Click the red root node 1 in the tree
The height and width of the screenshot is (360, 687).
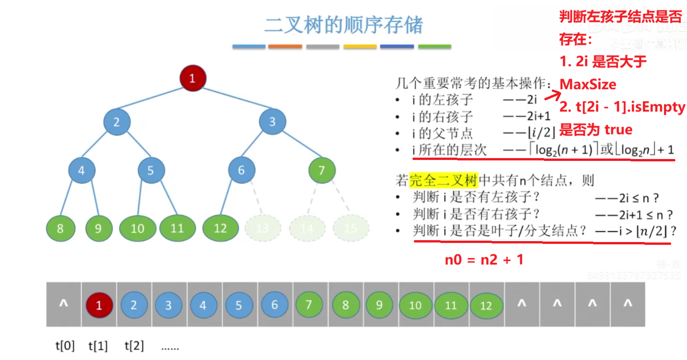click(x=192, y=78)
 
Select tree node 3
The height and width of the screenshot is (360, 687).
click(x=272, y=122)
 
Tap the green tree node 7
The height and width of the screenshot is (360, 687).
click(x=322, y=170)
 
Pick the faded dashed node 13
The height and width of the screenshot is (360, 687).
click(x=263, y=228)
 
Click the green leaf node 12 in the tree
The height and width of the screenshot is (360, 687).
click(x=220, y=228)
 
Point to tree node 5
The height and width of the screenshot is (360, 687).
click(x=151, y=170)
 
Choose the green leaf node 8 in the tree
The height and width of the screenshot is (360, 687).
click(x=60, y=228)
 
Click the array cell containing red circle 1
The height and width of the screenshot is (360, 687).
click(x=99, y=305)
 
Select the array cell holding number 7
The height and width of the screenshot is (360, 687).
click(x=309, y=305)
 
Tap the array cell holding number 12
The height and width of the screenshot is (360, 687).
click(x=486, y=305)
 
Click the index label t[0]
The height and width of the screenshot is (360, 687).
click(x=64, y=346)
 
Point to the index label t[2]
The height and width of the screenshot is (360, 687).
click(x=134, y=346)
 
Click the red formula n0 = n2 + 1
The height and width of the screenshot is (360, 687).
click(x=484, y=260)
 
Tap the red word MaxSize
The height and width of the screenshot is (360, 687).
click(x=588, y=84)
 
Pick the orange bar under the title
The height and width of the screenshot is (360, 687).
click(x=286, y=47)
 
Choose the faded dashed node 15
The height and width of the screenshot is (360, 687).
click(x=351, y=228)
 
